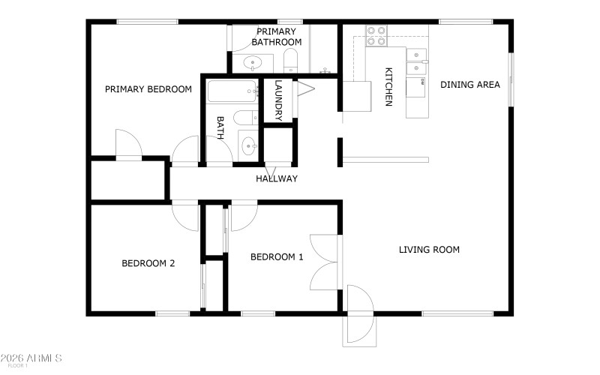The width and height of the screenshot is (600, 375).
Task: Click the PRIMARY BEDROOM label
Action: pos(148,89)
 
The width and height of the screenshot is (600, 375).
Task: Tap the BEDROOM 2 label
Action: pos(148,263)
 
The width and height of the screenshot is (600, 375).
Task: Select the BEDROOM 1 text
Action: pos(277,257)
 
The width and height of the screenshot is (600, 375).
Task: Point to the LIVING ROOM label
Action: pos(429,250)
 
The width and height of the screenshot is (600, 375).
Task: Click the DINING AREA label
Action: pos(469,85)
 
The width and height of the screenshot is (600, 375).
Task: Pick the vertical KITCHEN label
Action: pos(388,87)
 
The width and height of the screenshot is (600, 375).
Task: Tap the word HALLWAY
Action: pos(277,178)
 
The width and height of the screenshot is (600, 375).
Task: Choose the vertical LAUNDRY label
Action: pos(278,100)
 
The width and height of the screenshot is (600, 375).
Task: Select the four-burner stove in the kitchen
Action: pos(376,36)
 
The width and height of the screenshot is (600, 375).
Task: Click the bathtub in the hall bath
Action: pos(232,93)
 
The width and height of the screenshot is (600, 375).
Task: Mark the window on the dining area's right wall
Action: pos(511,79)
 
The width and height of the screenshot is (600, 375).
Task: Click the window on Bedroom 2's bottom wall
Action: pos(172,313)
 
